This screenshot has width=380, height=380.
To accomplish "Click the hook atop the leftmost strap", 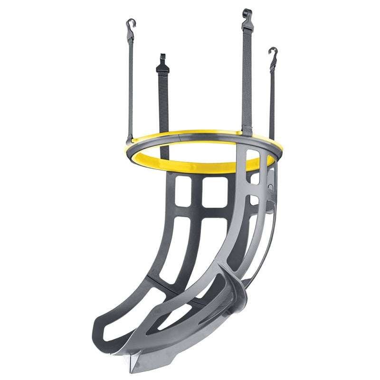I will (130, 24).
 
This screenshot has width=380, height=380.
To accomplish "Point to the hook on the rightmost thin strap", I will (273, 53).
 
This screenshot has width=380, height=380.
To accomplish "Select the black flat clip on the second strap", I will (162, 66).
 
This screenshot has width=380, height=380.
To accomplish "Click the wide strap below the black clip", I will (163, 104).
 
